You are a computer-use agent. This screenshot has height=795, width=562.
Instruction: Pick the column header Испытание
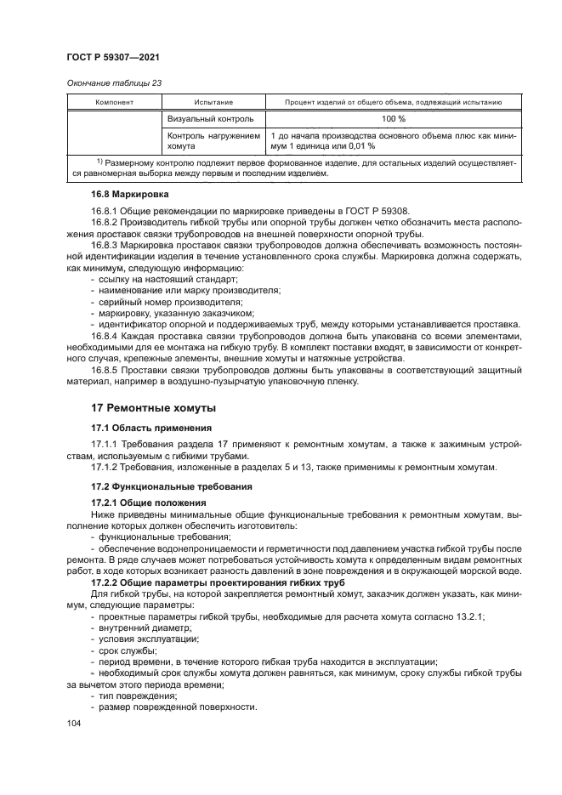pyautogui.click(x=213, y=102)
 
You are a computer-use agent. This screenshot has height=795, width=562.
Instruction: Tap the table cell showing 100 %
pyautogui.click(x=393, y=118)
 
